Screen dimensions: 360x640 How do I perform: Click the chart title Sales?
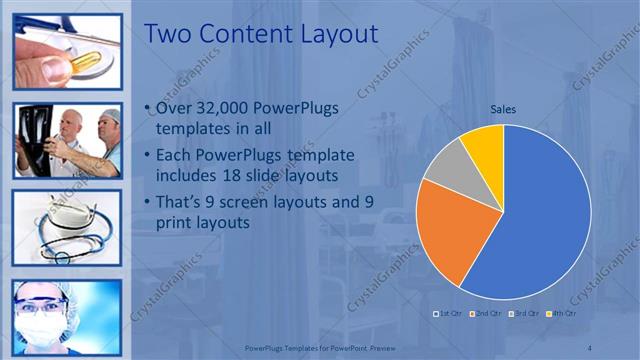(503, 110)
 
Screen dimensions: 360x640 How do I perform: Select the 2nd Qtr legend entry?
(486, 313)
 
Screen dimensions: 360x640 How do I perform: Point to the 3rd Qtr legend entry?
(526, 313)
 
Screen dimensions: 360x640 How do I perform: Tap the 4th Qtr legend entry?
(564, 313)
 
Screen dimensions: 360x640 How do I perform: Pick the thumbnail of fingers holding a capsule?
(67, 52)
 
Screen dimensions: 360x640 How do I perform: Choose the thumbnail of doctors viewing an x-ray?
(67, 140)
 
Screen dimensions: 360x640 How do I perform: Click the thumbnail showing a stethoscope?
(67, 227)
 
